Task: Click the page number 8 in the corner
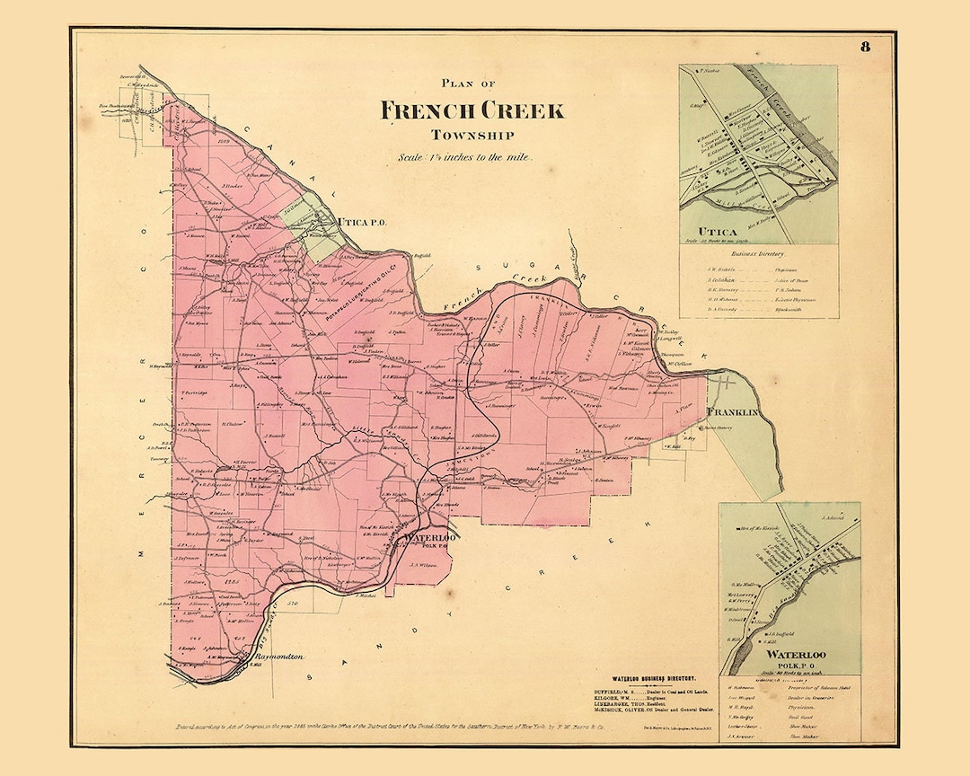(865, 48)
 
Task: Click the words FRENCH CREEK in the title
(472, 111)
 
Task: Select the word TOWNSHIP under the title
(472, 136)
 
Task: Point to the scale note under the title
(466, 156)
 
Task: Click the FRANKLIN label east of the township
(733, 412)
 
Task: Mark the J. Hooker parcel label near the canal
(232, 185)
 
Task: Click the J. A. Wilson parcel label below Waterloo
(422, 565)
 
